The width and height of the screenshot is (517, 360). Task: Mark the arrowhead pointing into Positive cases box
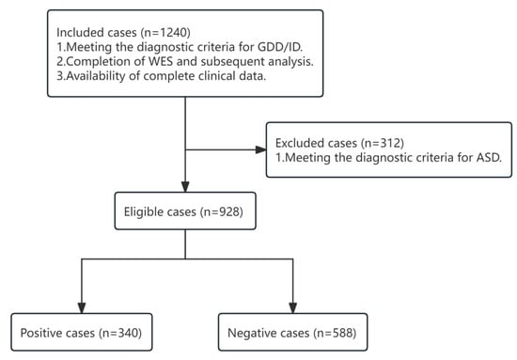[83, 305]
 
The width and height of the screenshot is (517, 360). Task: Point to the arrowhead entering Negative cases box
[294, 305]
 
